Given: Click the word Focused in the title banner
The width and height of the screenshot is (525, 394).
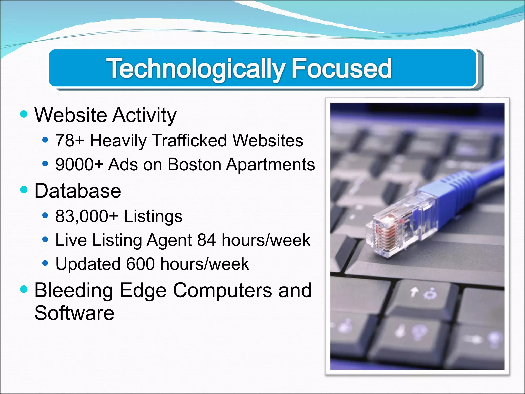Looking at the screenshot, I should pos(341,68).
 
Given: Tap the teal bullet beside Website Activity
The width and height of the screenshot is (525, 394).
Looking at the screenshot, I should pos(24,114).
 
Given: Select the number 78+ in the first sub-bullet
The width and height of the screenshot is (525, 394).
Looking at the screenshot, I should pos(69,141).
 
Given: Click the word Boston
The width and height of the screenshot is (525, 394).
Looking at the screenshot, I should pos(194,164).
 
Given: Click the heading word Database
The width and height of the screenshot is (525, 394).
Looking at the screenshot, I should pos(77,191).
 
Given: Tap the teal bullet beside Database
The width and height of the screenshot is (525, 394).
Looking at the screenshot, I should pos(24,190).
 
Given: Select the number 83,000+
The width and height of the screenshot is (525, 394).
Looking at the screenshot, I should pos(86,216).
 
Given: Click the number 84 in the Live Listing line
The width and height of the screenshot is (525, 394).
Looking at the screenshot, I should pos(206,240).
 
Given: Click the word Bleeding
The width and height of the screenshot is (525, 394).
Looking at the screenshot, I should pos(74,290).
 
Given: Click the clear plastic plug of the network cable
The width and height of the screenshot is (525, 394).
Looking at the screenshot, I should pos(392,226).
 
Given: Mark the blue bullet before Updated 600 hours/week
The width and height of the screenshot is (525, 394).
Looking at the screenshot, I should pos(45,263).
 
